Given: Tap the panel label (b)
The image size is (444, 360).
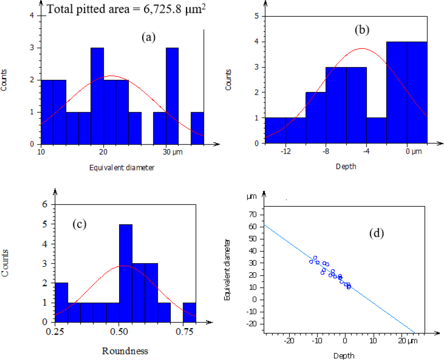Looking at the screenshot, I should pyautogui.click(x=362, y=30).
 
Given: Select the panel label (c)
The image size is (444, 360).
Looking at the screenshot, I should pyautogui.click(x=80, y=225).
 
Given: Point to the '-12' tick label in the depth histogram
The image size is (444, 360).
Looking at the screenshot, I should pyautogui.click(x=285, y=152).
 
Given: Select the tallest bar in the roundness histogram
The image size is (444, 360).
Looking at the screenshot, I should pyautogui.click(x=126, y=272).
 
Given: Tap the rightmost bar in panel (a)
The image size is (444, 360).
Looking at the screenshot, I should pyautogui.click(x=198, y=128).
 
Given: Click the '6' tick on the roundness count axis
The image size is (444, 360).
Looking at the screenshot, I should pyautogui.click(x=45, y=204).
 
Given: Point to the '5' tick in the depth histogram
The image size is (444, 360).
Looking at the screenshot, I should pyautogui.click(x=256, y=17).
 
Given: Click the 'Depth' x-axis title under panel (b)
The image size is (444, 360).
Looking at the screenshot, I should pyautogui.click(x=346, y=166).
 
